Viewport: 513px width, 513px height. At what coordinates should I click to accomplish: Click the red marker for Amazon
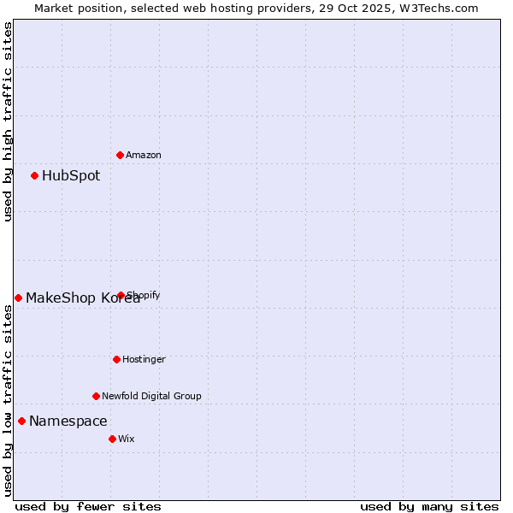pos(121,155)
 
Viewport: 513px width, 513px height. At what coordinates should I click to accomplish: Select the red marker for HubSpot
pos(35,175)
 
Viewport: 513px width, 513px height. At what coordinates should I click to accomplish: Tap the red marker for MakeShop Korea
pos(19,298)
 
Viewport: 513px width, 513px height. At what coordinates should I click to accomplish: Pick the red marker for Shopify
pos(121,295)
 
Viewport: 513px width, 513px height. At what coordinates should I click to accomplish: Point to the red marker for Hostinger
pos(116,359)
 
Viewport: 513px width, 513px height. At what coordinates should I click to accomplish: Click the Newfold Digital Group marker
pos(96,396)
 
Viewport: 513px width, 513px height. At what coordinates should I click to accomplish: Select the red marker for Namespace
pos(22,421)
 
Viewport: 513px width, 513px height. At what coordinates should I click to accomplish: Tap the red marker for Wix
pos(112,439)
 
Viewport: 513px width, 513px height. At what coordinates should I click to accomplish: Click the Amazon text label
pos(144,155)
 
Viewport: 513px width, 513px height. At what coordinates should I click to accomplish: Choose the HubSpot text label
pos(71,176)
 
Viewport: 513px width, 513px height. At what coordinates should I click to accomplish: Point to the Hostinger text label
pos(144,359)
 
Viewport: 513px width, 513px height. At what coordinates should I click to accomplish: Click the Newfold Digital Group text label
pos(151,396)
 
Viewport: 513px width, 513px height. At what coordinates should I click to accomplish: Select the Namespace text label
pos(68,422)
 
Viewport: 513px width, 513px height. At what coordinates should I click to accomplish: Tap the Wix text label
pos(127,439)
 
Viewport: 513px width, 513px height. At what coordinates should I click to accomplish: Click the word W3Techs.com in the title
pos(440,9)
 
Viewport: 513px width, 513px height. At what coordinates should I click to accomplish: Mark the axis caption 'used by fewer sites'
pos(88,506)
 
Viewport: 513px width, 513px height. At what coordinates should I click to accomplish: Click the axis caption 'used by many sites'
pos(429,506)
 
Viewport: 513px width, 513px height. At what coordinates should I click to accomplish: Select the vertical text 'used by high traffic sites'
pos(9,121)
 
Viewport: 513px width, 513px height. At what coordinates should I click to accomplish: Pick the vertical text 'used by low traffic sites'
pos(9,400)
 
